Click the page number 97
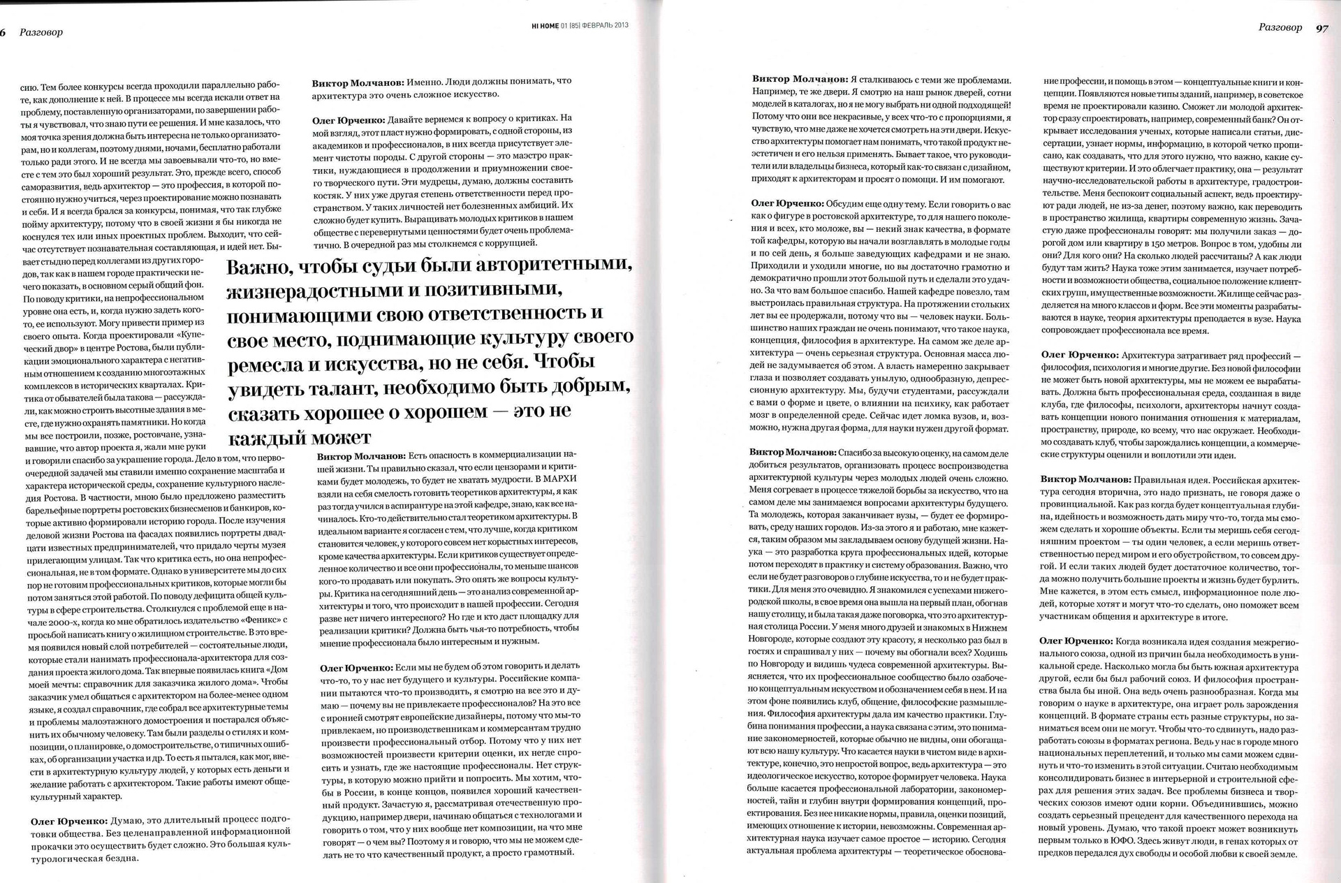click(x=1321, y=28)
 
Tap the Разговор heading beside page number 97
click(x=1280, y=28)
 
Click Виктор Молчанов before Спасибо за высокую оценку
click(x=793, y=453)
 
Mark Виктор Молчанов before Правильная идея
click(x=1085, y=480)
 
